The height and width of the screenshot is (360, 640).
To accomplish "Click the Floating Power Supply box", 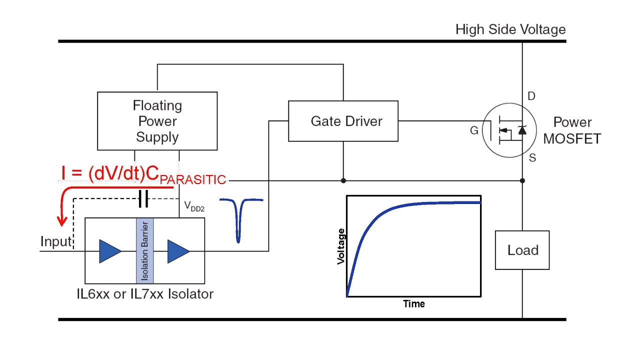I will point(157,121).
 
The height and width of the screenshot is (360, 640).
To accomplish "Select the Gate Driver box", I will point(343,121).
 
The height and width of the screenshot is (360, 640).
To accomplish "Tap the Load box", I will point(522,250).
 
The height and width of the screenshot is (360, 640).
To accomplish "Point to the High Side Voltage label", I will point(510,29).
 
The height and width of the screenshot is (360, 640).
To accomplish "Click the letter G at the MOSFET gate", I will point(474,131).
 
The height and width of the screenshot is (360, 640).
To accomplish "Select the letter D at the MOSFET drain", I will point(531,96).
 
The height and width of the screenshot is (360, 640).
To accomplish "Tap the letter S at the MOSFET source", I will point(532,158).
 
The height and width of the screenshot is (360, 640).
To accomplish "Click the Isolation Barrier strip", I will point(144,250).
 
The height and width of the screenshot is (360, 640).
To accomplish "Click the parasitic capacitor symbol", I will point(143,200).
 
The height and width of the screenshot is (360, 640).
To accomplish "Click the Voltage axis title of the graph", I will point(341,246).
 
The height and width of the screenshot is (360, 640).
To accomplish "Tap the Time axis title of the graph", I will point(414,303).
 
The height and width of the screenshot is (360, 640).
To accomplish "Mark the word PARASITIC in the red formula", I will point(193,179).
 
